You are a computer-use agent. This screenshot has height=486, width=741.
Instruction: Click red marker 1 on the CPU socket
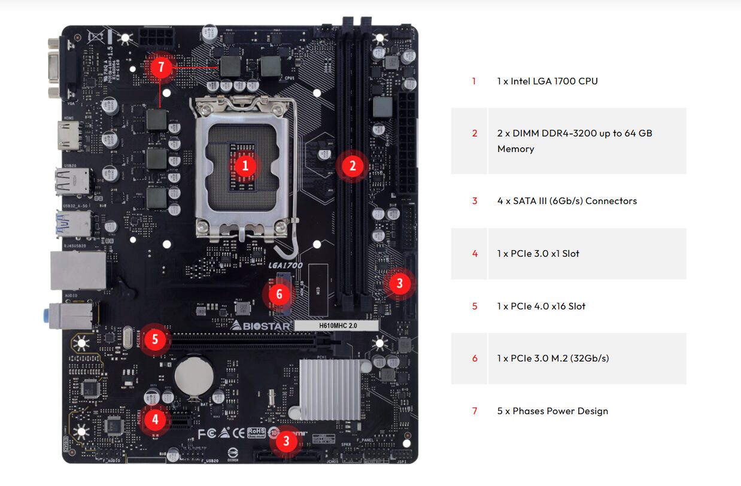245,166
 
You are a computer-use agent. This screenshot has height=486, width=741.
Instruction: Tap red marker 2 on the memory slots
352,166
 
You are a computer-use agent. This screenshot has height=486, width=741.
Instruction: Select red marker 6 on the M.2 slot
279,294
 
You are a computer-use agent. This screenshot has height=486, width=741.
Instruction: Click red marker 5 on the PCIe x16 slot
155,340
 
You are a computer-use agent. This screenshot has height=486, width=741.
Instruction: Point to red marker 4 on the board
155,419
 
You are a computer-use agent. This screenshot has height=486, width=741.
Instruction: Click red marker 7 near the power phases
160,67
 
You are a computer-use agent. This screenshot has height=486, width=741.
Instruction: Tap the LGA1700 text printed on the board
286,265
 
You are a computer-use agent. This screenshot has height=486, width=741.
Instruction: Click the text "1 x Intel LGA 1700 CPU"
547,81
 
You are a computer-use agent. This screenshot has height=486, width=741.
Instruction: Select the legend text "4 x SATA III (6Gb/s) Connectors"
567,201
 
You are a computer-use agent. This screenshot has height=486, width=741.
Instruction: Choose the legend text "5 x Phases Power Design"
552,411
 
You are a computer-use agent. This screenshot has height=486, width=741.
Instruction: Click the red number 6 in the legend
475,359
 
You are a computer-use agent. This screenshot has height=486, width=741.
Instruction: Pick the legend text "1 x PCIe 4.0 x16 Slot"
541,306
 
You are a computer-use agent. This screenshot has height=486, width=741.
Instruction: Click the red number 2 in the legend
475,133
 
